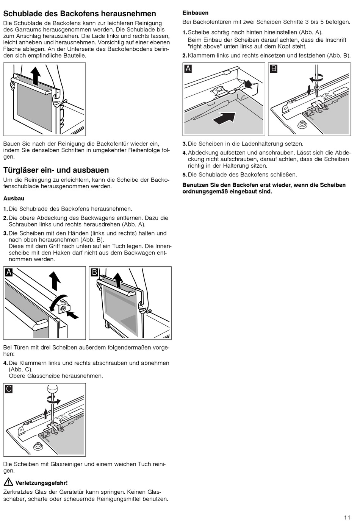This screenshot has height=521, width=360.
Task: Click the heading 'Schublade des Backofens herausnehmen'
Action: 80,14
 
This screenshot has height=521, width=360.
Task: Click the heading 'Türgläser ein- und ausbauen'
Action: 56,170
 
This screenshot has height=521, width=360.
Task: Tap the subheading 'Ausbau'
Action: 14,198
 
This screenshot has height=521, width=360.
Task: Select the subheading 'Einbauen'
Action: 196,13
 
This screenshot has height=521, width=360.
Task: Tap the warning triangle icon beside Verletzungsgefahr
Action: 8,482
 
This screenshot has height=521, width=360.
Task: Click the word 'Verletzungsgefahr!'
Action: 42,483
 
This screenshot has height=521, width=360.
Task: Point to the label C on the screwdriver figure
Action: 9,388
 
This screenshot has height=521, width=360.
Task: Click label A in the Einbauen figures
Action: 188,69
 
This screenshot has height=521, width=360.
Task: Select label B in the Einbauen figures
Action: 274,69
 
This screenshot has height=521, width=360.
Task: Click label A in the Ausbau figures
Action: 9,272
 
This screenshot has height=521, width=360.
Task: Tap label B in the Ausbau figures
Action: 95,272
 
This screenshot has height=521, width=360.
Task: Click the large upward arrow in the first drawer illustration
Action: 35,76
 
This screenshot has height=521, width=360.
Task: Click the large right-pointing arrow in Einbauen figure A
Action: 224,119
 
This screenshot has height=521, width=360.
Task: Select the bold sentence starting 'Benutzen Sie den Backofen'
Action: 264,188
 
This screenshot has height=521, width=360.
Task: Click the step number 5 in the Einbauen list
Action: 185,175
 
